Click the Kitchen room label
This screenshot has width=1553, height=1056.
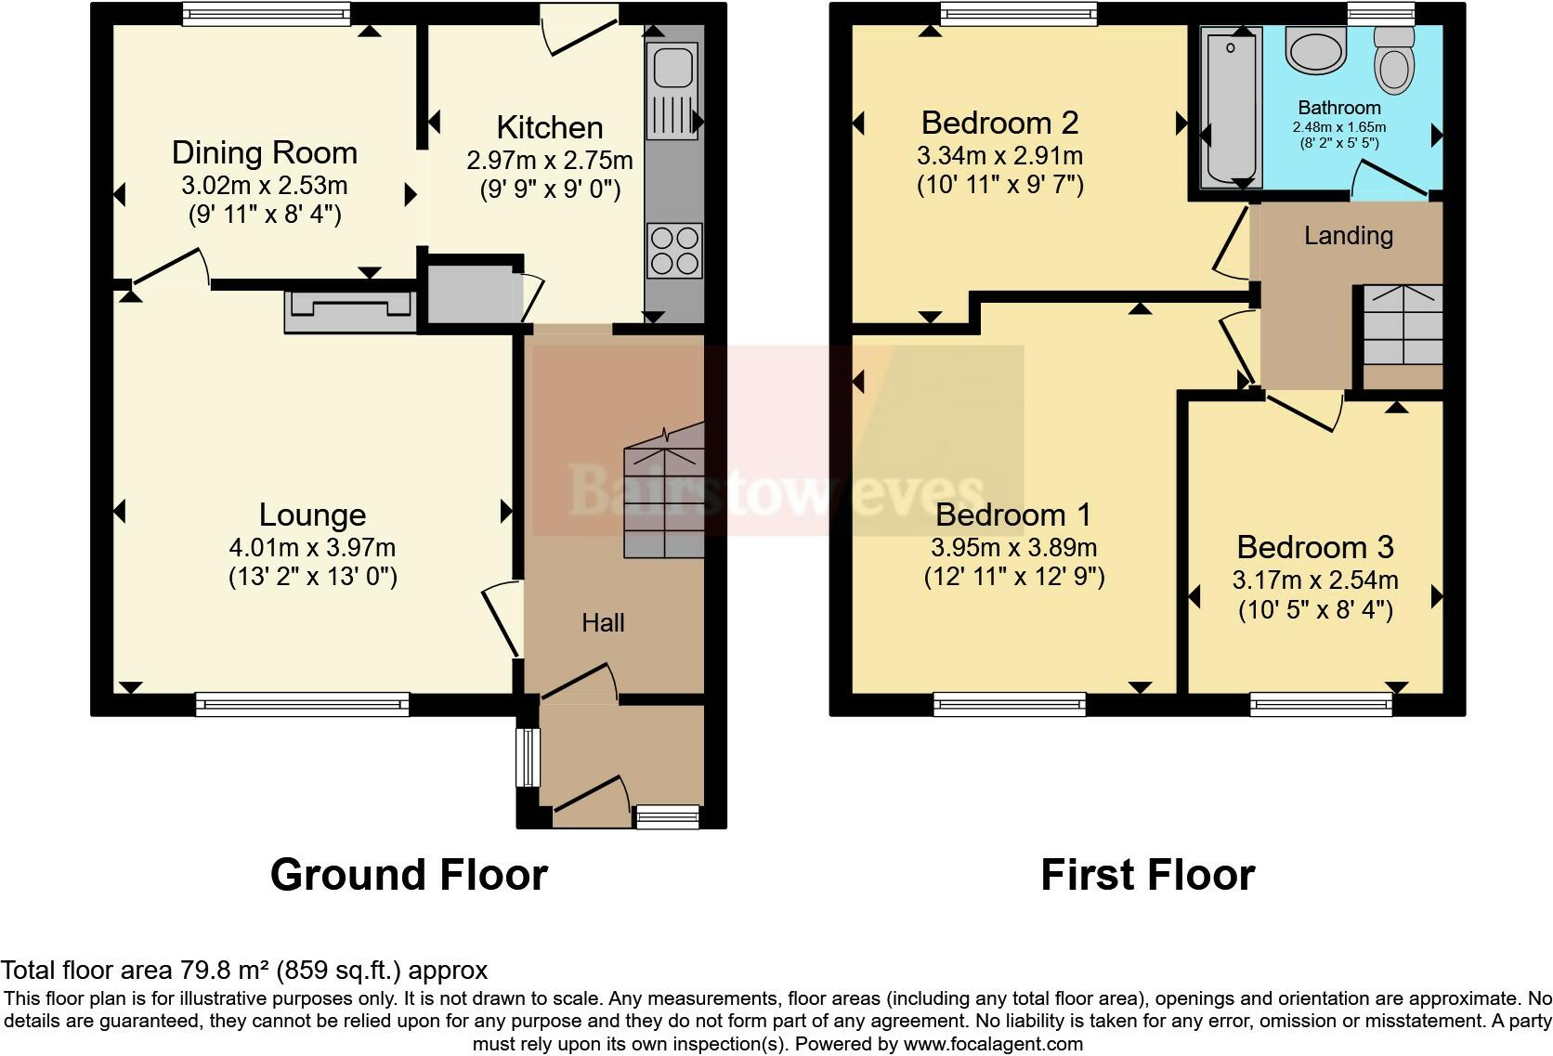pos(550,127)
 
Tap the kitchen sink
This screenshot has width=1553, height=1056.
pos(672,90)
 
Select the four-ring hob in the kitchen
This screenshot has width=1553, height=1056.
pos(674,251)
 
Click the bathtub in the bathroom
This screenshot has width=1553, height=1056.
pos(1231,108)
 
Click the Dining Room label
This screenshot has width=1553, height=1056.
pos(265,152)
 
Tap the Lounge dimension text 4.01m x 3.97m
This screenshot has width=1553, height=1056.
pos(313,548)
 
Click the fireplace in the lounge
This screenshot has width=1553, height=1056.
pos(350,312)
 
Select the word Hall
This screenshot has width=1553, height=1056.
pos(603,622)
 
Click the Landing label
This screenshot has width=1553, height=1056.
pos(1349,236)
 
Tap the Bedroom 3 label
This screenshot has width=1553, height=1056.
pos(1315,547)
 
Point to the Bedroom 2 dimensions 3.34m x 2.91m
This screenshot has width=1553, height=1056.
pos(999,156)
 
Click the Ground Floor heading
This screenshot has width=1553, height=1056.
pos(409,874)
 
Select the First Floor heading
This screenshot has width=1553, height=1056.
pos(1147,874)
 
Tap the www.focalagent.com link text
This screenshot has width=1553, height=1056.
pos(993,1044)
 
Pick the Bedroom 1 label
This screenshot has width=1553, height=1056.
pos(1013,515)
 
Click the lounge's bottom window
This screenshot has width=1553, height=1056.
pos(302,704)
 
